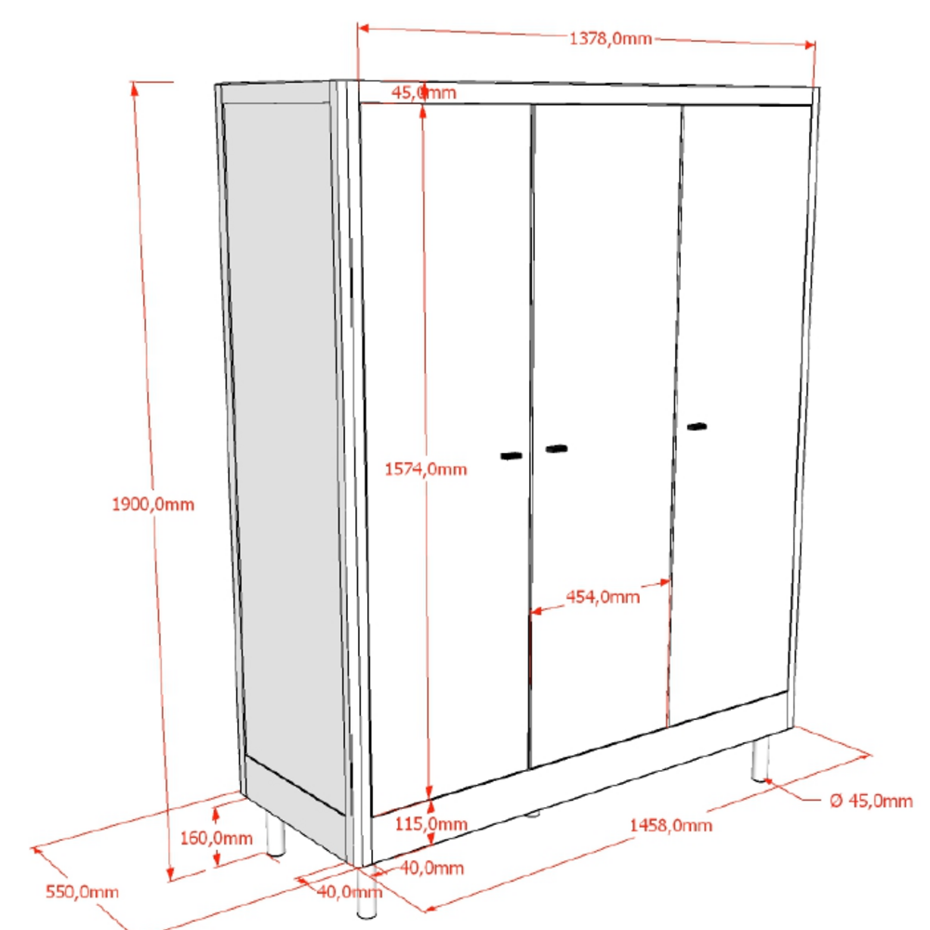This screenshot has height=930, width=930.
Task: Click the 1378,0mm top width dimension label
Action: [610, 39]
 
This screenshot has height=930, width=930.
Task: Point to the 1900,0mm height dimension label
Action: [153, 505]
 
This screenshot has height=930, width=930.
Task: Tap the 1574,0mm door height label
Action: [426, 470]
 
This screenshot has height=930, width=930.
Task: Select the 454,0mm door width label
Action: [603, 597]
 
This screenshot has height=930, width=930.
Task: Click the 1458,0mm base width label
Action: [671, 826]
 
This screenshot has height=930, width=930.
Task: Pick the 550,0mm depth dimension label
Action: [82, 892]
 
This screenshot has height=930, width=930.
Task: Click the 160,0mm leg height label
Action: [217, 838]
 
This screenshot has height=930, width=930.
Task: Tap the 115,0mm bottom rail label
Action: [432, 824]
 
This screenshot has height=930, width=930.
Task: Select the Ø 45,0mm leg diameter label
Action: [870, 802]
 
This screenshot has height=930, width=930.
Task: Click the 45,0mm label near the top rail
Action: [424, 92]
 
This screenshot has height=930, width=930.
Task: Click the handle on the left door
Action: [511, 456]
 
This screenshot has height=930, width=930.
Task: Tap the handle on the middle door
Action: [556, 448]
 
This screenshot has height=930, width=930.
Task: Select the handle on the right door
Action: [697, 427]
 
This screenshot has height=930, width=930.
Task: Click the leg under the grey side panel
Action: [276, 834]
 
